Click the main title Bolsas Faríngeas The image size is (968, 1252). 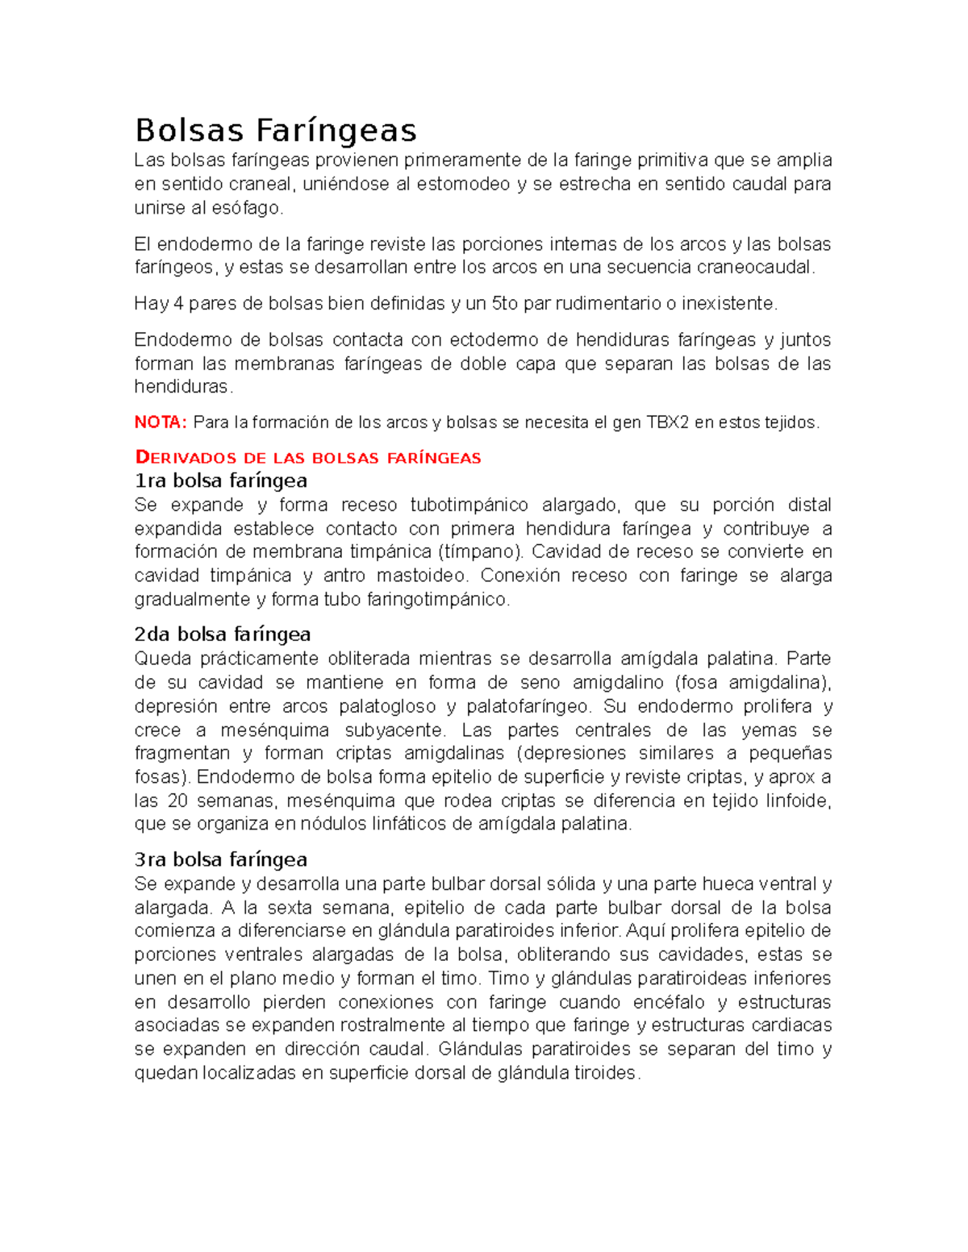click(x=275, y=130)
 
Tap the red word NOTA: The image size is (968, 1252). click(x=161, y=422)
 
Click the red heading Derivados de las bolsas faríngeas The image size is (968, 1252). click(x=307, y=458)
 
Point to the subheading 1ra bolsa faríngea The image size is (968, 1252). click(x=220, y=480)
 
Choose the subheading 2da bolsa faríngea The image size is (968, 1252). click(x=222, y=634)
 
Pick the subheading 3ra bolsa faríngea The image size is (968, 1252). click(x=220, y=859)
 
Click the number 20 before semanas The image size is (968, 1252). click(x=177, y=801)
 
